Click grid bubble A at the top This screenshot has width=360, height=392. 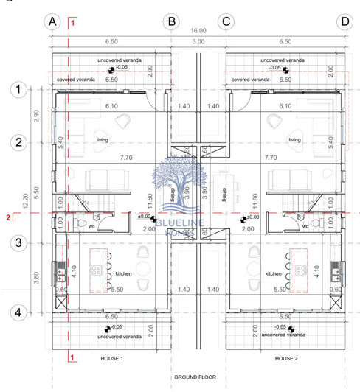point(52,21)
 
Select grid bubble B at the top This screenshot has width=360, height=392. point(171,21)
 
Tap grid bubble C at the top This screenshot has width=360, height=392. point(226,21)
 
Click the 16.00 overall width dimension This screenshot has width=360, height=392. point(199,32)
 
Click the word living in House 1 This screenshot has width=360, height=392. point(102,139)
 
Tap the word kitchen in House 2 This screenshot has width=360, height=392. point(274,273)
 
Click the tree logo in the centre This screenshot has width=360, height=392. point(175,190)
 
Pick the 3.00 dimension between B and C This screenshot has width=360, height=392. point(198,42)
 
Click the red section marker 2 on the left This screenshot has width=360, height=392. point(8,217)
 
